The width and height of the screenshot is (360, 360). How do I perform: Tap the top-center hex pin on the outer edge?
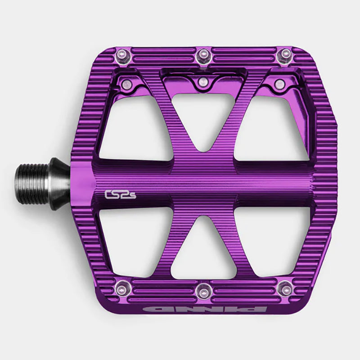202,55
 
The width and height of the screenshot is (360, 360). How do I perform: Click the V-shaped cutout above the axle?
201,121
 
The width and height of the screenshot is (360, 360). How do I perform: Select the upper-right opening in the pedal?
274,130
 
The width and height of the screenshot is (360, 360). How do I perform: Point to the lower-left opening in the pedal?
130,238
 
